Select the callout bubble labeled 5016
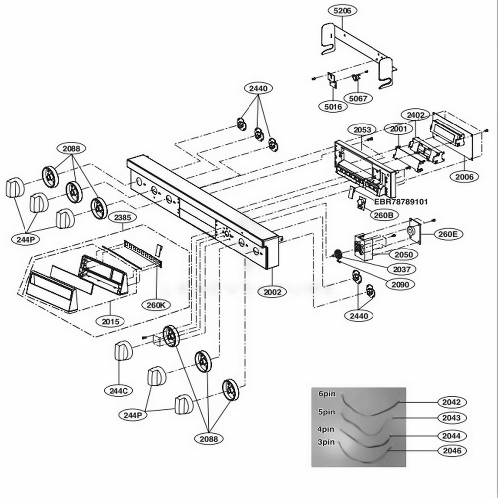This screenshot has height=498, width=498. (333, 106)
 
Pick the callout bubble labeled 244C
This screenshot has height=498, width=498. (119, 391)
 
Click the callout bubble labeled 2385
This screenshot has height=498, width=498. (123, 218)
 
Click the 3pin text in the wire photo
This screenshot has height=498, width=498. (326, 442)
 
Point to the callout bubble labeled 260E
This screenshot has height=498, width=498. (448, 233)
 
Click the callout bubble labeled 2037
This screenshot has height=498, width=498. (402, 269)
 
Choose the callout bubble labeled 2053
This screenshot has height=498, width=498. (362, 130)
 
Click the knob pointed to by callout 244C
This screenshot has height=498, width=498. (124, 351)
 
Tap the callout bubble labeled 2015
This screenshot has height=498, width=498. (110, 321)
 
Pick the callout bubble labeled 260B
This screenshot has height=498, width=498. (384, 216)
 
